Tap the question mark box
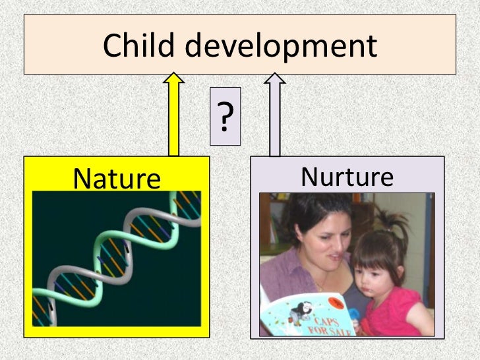click(x=225, y=116)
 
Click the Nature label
click(x=117, y=178)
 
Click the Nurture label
click(x=347, y=177)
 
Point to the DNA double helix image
click(x=116, y=258)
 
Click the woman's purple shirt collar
click(x=293, y=270)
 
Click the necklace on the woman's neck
click(x=321, y=284)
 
